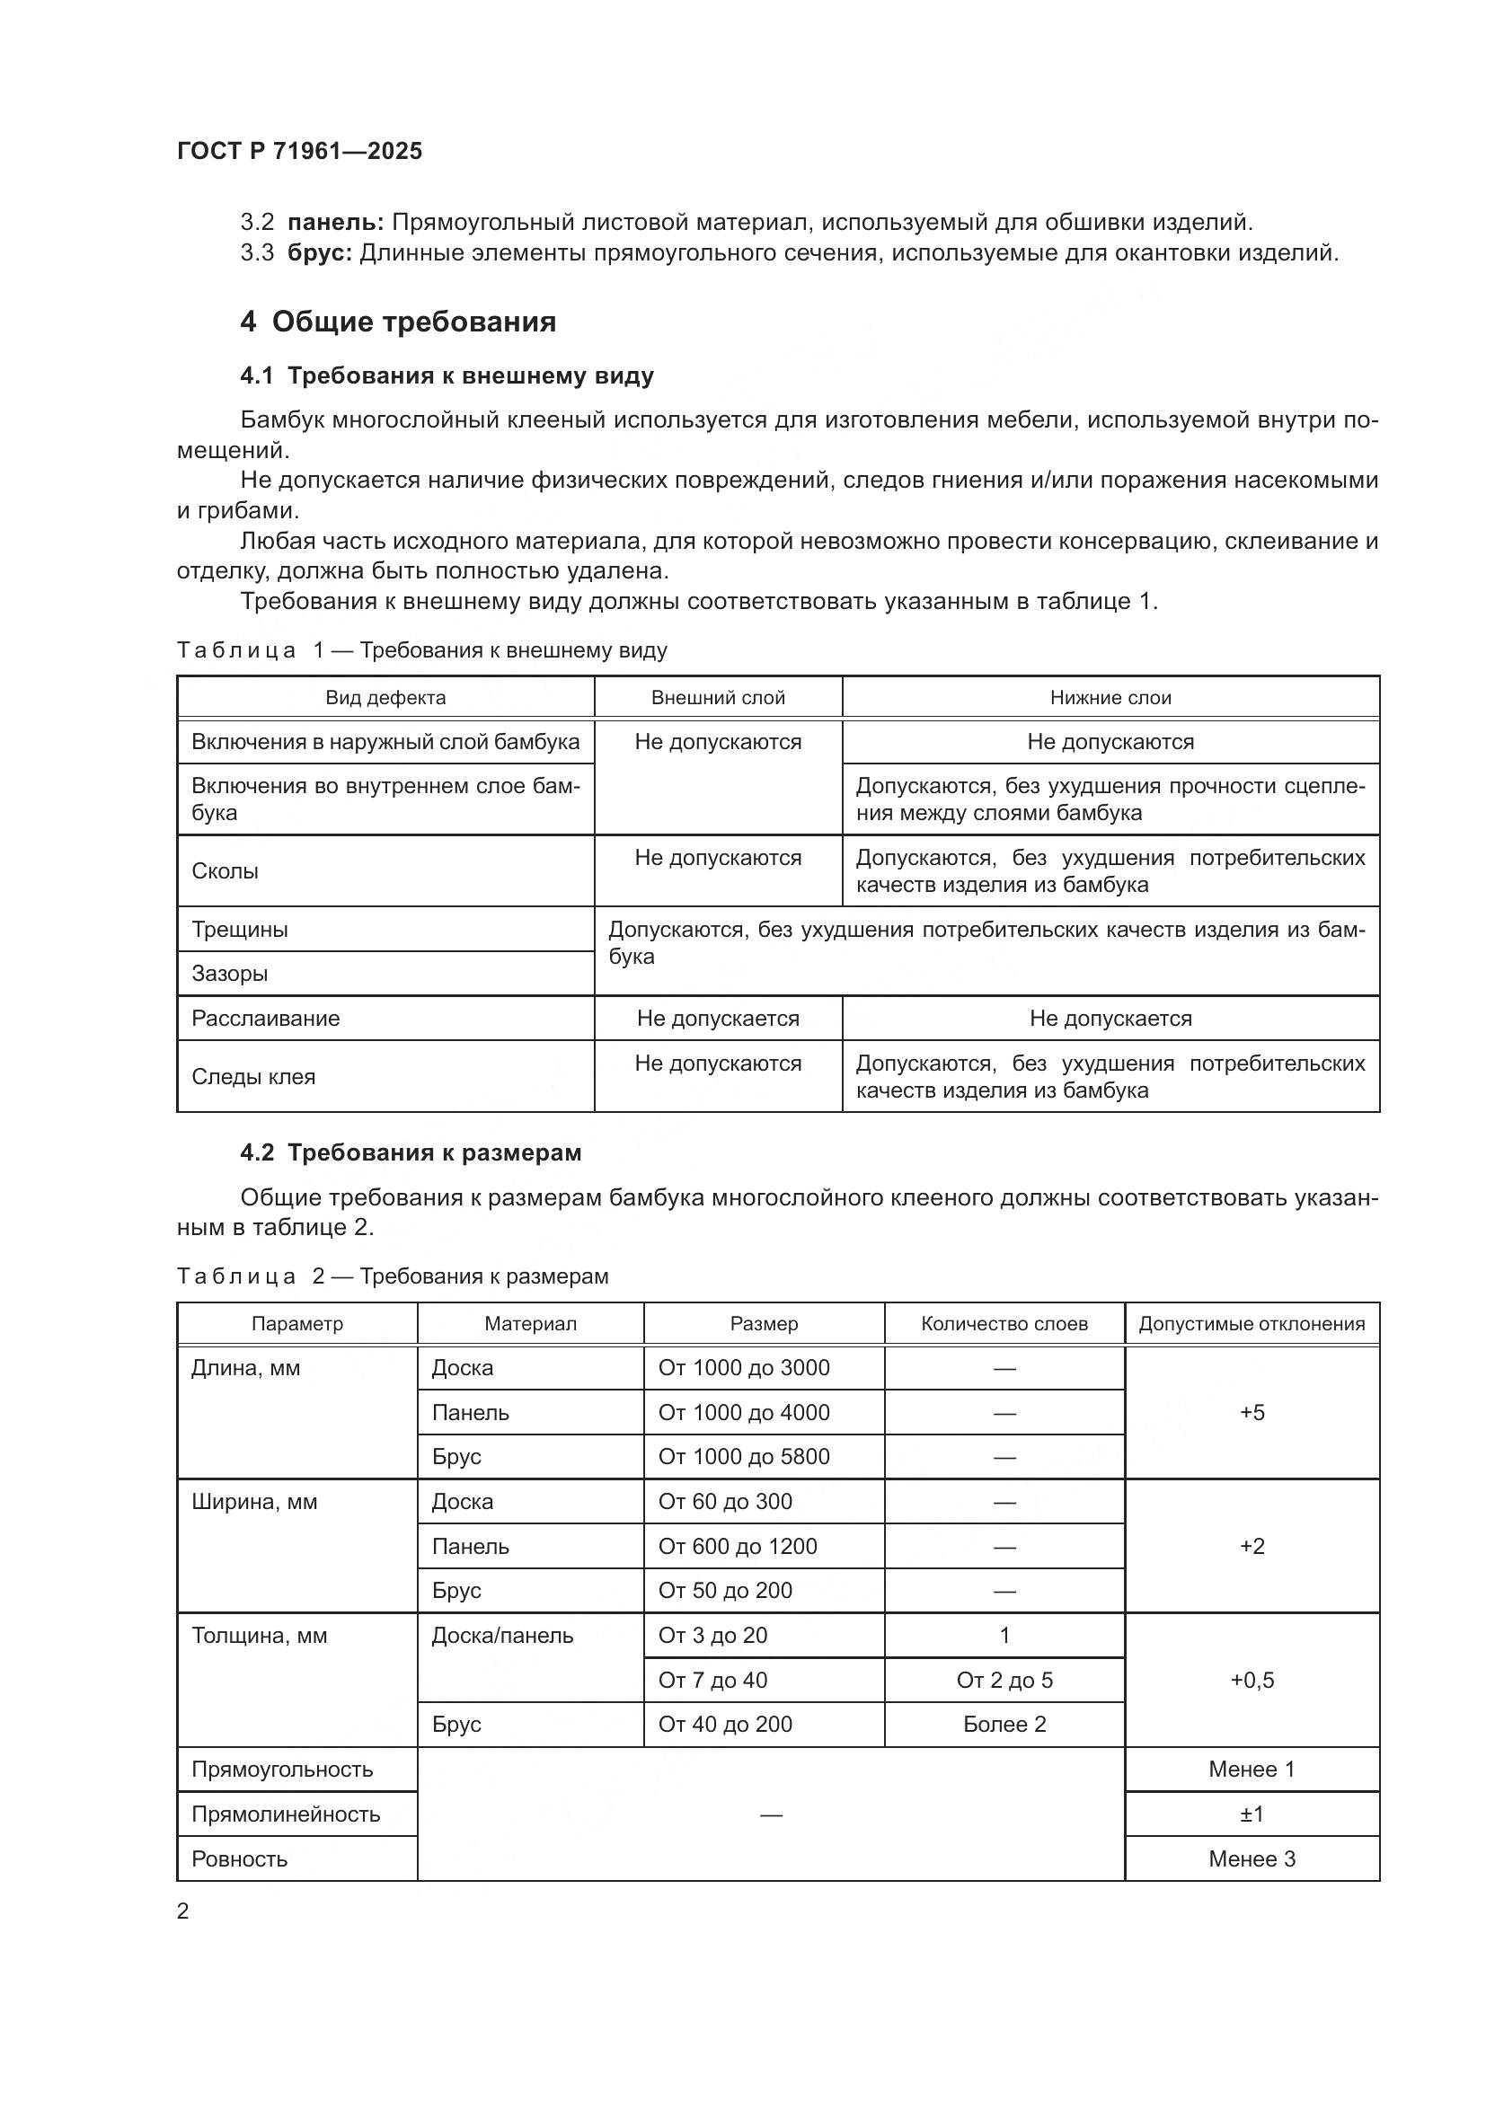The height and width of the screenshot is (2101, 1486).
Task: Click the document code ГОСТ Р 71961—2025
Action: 299,151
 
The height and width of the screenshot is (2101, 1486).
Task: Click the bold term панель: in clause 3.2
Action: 335,223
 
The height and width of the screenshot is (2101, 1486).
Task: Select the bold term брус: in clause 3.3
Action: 319,253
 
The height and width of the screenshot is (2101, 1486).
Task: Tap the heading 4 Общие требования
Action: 398,322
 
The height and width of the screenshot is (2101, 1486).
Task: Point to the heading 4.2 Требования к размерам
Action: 411,1152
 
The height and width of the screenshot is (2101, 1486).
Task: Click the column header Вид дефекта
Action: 385,697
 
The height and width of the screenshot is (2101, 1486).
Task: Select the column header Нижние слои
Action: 1110,697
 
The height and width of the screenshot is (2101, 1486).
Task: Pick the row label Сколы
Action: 226,871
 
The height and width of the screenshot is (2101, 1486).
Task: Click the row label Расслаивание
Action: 265,1019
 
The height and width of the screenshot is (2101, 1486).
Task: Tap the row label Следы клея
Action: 253,1077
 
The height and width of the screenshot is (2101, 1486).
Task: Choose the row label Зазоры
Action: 230,974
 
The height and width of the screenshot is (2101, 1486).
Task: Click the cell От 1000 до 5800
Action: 744,1457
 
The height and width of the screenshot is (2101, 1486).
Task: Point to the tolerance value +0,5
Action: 1252,1680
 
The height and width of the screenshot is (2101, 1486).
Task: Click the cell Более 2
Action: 1004,1725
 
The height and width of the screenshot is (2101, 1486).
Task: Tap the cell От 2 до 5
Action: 1004,1680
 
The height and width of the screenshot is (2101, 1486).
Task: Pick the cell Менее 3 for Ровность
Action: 1252,1858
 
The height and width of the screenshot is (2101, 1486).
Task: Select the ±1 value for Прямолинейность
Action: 1252,1814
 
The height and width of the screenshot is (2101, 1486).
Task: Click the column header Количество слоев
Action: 1004,1323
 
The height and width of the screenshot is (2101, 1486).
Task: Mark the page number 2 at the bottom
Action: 183,1911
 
